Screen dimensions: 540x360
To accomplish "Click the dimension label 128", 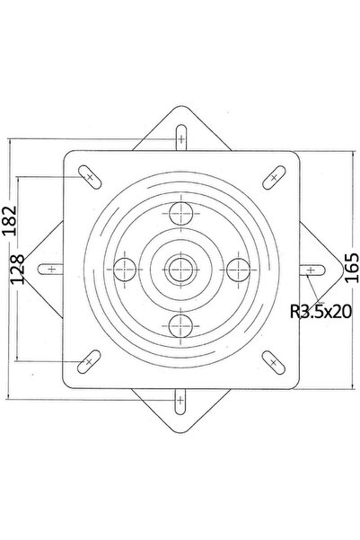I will pyautogui.click(x=16, y=270).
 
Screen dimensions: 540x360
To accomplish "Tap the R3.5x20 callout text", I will pyautogui.click(x=320, y=313).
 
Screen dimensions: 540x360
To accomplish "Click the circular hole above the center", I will pyautogui.click(x=180, y=214).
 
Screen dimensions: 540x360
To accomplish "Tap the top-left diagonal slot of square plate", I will pyautogui.click(x=88, y=176).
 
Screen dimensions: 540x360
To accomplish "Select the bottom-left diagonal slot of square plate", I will pyautogui.click(x=88, y=361).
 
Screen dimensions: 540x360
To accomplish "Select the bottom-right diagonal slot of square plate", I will pyautogui.click(x=271, y=361).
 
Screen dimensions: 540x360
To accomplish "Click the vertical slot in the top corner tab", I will pyautogui.click(x=180, y=141).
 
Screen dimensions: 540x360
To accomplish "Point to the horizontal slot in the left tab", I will pyautogui.click(x=51, y=268).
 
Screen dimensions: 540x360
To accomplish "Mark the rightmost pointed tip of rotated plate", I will pyautogui.click(x=341, y=268).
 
